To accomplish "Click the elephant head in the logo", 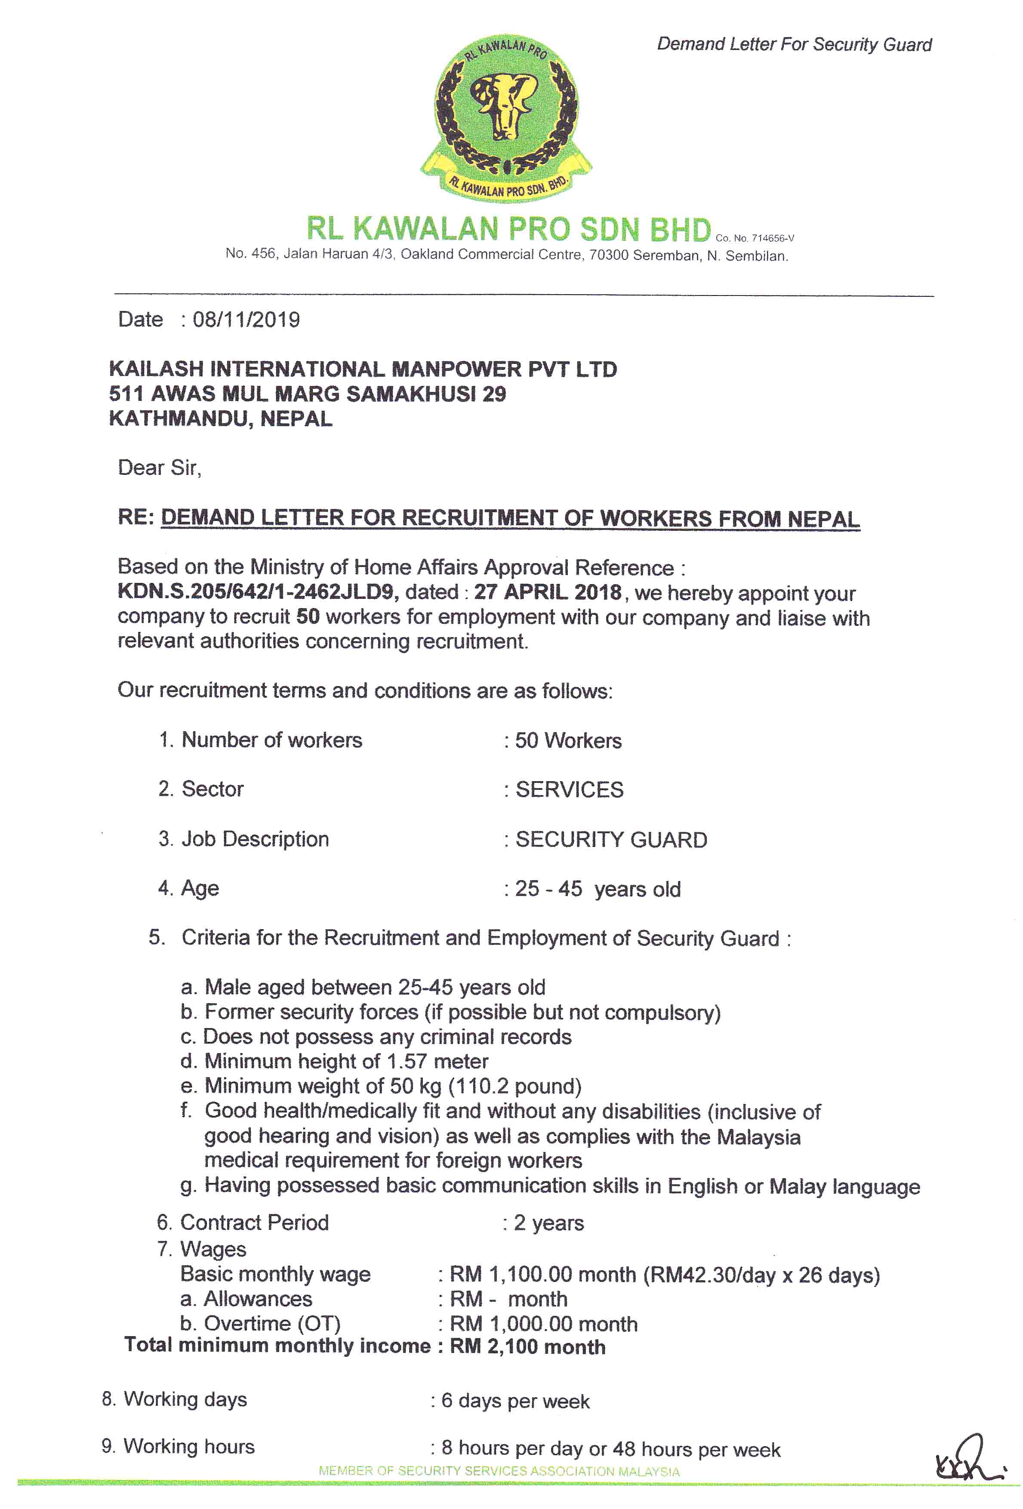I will [x=505, y=104].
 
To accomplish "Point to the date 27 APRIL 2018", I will [x=548, y=592].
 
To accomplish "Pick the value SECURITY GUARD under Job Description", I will [x=610, y=840].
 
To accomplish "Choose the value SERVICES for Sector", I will [x=569, y=790].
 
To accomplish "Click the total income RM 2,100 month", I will [x=527, y=1347].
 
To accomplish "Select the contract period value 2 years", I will [x=549, y=1223].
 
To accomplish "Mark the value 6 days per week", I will [x=515, y=1401].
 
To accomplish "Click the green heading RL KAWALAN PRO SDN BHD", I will [x=508, y=229].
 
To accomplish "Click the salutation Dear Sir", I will [x=159, y=468].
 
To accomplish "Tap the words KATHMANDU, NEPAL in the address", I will [x=221, y=419].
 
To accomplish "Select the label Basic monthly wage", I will [x=275, y=1274].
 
